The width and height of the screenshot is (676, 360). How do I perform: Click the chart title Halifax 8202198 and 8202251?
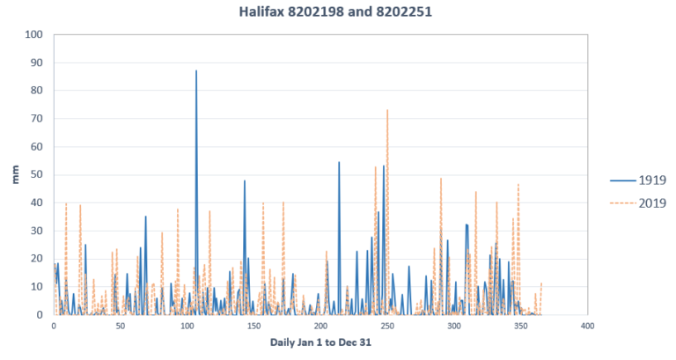(x=338, y=12)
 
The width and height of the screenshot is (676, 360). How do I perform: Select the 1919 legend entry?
(x=648, y=180)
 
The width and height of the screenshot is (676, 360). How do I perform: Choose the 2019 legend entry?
(x=648, y=203)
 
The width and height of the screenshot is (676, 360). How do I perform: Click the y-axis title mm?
(x=15, y=174)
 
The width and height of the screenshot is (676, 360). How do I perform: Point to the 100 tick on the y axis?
(x=33, y=35)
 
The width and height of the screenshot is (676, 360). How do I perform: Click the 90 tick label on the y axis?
(x=36, y=63)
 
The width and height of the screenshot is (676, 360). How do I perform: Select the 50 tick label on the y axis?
(x=36, y=175)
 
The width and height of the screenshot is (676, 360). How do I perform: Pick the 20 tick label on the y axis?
(x=36, y=259)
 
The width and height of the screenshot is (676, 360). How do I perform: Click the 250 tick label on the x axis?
(x=387, y=326)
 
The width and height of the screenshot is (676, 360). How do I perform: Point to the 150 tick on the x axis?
(x=254, y=326)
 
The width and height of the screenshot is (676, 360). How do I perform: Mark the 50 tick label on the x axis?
(x=121, y=326)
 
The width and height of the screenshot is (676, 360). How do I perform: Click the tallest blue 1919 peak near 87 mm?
(x=196, y=71)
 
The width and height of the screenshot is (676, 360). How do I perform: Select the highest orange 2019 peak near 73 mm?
(x=387, y=111)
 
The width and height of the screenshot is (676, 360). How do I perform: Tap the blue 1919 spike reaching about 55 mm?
(x=339, y=163)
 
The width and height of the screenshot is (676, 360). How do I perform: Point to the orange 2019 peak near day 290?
(x=441, y=180)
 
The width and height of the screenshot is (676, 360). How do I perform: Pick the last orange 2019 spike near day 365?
(x=540, y=284)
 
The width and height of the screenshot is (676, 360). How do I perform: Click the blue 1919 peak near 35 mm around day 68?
(x=145, y=217)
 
